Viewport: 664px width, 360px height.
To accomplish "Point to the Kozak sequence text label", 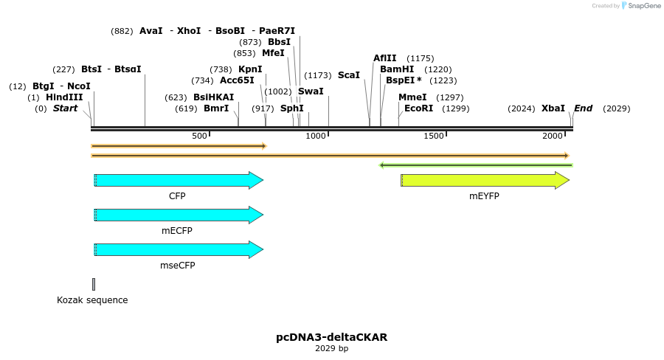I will click(x=92, y=300).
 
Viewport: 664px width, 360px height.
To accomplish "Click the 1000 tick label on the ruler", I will click(x=316, y=136).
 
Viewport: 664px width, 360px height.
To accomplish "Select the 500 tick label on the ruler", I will click(x=199, y=136).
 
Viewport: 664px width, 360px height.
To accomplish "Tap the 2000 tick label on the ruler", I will click(x=552, y=136).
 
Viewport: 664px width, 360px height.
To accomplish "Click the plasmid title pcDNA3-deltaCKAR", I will click(x=332, y=337).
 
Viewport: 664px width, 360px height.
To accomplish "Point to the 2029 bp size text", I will click(x=332, y=348).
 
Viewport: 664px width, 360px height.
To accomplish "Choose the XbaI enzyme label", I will click(x=553, y=108).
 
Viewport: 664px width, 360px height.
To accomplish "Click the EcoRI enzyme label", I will click(x=419, y=108).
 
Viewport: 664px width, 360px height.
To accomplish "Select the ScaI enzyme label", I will click(x=349, y=75).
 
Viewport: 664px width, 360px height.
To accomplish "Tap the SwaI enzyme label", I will click(x=311, y=91).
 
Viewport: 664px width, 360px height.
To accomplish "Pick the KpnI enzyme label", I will click(x=250, y=69).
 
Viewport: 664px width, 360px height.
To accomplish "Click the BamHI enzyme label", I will click(x=397, y=69).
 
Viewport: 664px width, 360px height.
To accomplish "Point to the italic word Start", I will click(x=65, y=108).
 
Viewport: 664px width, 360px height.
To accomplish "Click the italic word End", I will click(x=583, y=108).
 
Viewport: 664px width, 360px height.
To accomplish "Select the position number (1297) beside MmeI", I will click(x=450, y=97).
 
